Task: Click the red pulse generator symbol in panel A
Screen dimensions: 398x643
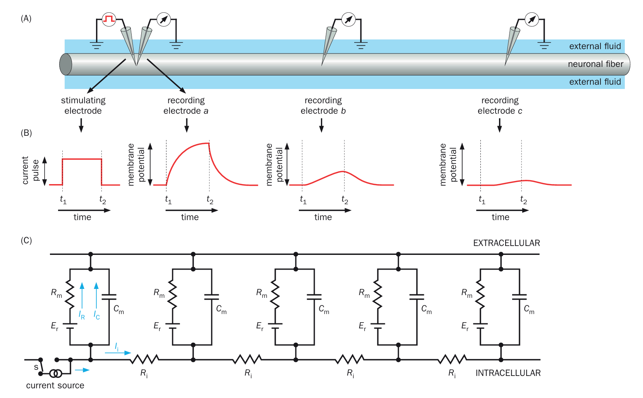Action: point(109,19)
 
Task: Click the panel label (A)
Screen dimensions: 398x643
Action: point(26,19)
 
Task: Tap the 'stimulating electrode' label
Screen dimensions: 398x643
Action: point(83,106)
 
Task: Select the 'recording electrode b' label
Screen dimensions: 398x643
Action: point(323,106)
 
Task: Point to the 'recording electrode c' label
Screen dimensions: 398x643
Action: point(500,106)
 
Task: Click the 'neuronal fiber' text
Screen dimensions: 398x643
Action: point(595,64)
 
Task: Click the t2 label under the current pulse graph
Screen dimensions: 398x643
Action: point(103,200)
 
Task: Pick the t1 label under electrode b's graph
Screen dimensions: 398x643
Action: point(303,200)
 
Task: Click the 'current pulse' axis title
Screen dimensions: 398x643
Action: point(30,170)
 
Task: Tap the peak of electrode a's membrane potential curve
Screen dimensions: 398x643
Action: point(208,143)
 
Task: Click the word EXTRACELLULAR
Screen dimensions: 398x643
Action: point(506,243)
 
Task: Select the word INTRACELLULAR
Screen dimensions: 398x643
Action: point(508,373)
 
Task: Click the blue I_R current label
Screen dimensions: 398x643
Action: point(82,315)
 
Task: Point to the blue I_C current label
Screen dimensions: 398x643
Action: point(97,315)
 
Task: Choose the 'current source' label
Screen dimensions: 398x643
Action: point(55,386)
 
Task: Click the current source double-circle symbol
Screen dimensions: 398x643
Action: point(56,374)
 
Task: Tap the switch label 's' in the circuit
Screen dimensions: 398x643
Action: point(36,367)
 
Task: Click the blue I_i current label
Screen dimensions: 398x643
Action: point(117,347)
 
